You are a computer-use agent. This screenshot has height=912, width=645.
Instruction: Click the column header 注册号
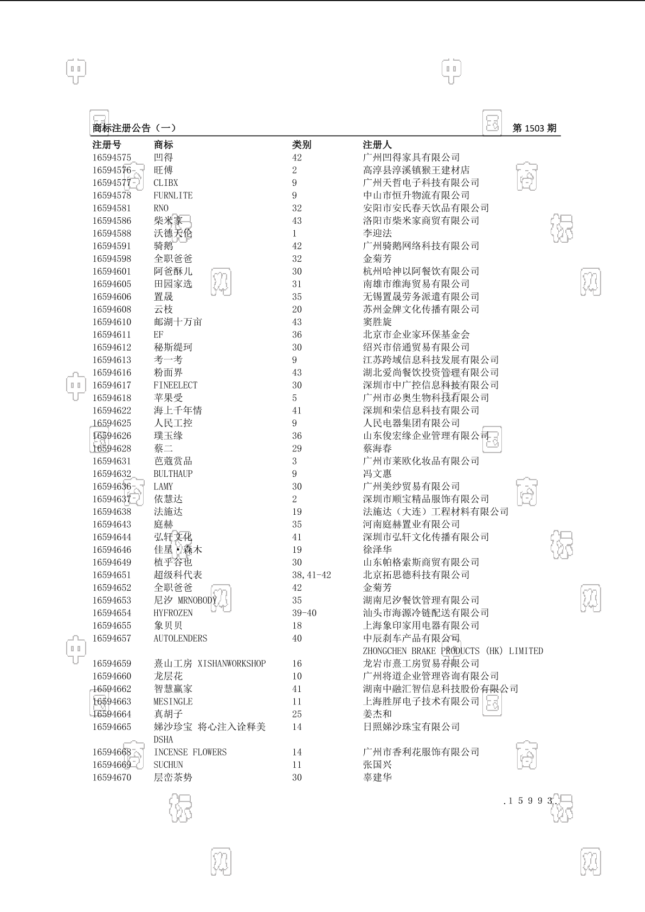[107, 145]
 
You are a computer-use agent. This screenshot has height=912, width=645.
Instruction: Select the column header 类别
[301, 145]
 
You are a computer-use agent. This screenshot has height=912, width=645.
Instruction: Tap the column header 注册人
[377, 145]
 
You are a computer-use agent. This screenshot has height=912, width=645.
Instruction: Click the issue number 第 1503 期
[534, 128]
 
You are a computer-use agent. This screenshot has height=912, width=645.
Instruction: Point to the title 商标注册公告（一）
[134, 128]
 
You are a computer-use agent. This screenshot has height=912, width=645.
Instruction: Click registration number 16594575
[112, 158]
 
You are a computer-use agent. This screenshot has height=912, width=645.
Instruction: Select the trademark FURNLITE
[173, 196]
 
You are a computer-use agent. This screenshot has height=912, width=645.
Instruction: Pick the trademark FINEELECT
[175, 385]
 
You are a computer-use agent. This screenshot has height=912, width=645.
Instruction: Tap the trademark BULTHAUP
[173, 474]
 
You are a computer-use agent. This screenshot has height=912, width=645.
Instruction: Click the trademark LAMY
[163, 487]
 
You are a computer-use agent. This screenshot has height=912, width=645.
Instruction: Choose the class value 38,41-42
[311, 575]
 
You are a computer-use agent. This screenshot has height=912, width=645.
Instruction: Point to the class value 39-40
[304, 613]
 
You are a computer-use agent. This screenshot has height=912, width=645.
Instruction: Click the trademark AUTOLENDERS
[180, 638]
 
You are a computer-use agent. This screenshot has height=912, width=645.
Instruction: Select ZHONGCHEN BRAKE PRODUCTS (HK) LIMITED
[453, 651]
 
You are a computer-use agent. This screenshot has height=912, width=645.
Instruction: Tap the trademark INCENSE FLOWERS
[190, 752]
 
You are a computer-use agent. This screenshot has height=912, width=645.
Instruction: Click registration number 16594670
[112, 778]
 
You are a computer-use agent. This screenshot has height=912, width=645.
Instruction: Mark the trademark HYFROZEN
[173, 613]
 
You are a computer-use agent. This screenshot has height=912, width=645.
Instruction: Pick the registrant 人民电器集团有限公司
[411, 423]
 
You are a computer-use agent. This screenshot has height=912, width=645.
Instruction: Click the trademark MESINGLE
[173, 702]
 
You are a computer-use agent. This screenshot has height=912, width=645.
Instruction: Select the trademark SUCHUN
[168, 765]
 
